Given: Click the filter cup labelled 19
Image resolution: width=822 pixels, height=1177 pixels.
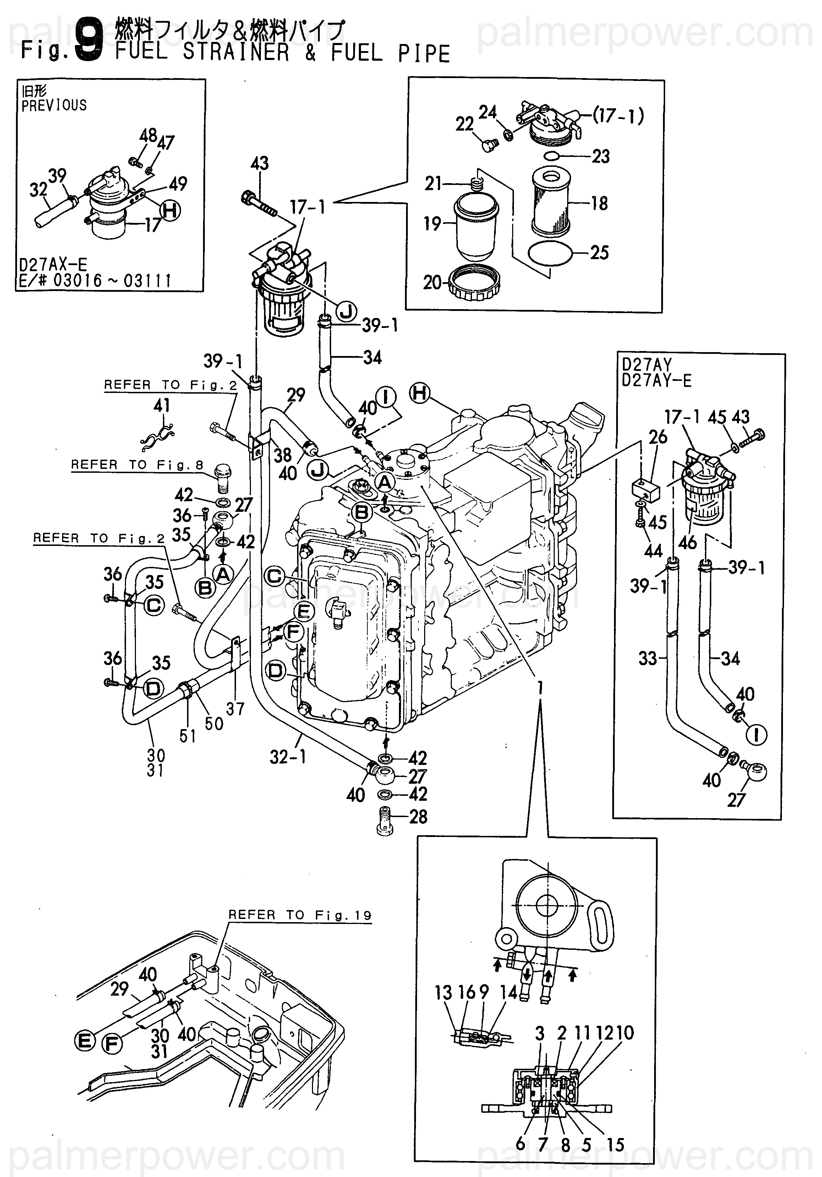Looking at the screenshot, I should click(x=476, y=229).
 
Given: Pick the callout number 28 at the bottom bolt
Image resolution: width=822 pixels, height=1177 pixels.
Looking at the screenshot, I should click(x=418, y=817).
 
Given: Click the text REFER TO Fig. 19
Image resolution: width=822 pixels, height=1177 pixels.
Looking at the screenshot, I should click(x=300, y=915).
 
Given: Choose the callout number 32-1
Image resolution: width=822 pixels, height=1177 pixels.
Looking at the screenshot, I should click(x=287, y=757).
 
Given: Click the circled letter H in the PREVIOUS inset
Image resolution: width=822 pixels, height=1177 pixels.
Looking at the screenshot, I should click(x=170, y=210).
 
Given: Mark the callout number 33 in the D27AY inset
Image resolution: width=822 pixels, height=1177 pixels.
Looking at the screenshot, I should click(x=647, y=658).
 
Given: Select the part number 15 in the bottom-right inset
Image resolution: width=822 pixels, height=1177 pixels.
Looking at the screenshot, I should click(x=615, y=1144).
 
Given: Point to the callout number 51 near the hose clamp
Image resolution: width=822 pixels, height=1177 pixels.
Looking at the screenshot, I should click(x=187, y=735).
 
